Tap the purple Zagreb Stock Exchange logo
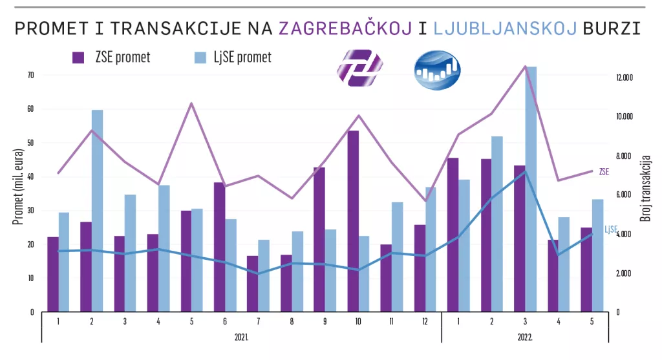(359, 68)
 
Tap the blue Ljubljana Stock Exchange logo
(437, 70)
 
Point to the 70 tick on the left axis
(30, 75)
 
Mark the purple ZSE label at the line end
(604, 172)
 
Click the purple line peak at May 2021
(191, 103)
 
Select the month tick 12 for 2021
(423, 321)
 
